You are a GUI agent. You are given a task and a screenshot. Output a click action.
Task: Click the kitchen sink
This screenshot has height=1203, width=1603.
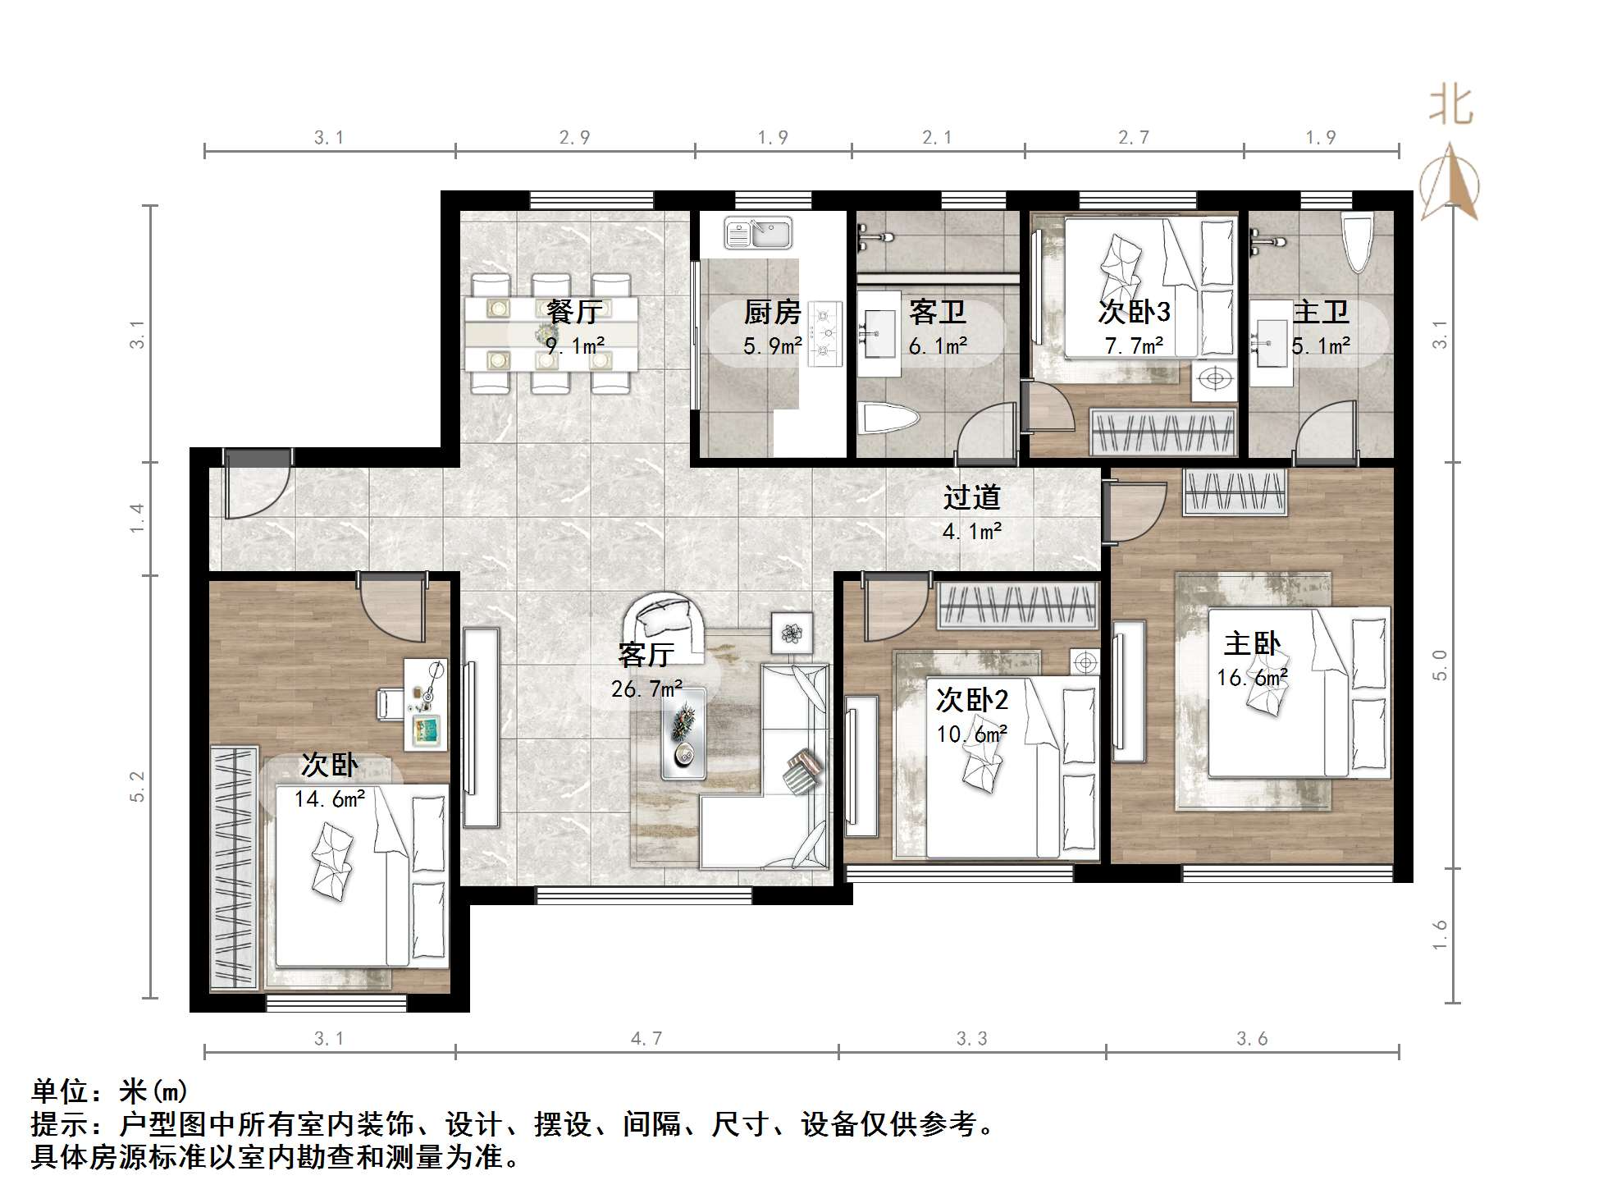[x=758, y=232]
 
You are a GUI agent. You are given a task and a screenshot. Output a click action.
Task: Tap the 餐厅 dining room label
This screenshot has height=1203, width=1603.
[x=574, y=312]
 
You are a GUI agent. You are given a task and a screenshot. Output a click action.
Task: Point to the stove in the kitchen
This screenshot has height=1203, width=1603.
[x=825, y=333]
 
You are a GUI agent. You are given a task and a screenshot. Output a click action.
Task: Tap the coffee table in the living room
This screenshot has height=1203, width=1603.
[x=683, y=733]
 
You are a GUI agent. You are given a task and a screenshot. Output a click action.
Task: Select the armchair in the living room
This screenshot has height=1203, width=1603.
[x=664, y=624]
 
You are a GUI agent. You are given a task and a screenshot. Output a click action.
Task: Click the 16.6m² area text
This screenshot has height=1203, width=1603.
[x=1252, y=678]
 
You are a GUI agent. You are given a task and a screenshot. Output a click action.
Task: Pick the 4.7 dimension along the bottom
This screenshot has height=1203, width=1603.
[x=646, y=1039]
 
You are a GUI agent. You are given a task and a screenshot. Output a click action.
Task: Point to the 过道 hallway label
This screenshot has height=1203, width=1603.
[x=972, y=497]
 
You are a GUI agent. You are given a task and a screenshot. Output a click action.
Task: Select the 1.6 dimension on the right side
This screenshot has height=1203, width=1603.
[x=1440, y=935]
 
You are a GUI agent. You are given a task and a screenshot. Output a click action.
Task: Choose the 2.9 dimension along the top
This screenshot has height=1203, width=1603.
[x=574, y=138]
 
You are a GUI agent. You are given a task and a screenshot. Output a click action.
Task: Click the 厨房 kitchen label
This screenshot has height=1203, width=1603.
[x=772, y=312]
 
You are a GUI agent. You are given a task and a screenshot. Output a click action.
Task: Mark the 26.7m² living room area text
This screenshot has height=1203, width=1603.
[x=646, y=689]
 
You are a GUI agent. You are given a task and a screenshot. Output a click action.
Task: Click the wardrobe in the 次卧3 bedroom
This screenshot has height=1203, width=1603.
[x=1162, y=432]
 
